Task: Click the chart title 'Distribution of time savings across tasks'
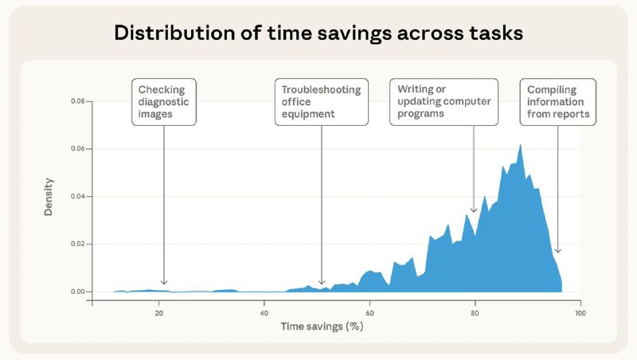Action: coord(318,33)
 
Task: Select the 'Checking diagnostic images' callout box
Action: coord(164,102)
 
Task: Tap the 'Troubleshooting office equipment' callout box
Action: coord(322,102)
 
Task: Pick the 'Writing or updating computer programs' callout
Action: coord(444,102)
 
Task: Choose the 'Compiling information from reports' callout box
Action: coord(558,102)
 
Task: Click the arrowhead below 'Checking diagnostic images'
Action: coord(164,283)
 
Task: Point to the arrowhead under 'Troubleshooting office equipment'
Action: coord(322,283)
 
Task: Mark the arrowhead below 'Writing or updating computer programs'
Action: coord(474,210)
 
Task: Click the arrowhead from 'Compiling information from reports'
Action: coord(558,251)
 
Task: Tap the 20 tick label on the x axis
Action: coord(158,313)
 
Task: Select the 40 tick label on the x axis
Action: coord(264,313)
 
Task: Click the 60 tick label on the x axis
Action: coord(369,313)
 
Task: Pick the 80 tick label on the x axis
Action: coord(475,313)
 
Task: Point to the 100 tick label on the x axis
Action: coord(580,313)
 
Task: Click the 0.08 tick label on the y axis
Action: coord(77,101)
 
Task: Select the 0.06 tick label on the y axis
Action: coord(77,149)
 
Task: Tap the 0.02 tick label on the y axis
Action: coord(77,244)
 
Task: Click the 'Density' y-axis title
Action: coord(49,197)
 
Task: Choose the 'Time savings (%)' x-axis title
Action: coord(322,327)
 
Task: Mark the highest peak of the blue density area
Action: coord(520,145)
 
